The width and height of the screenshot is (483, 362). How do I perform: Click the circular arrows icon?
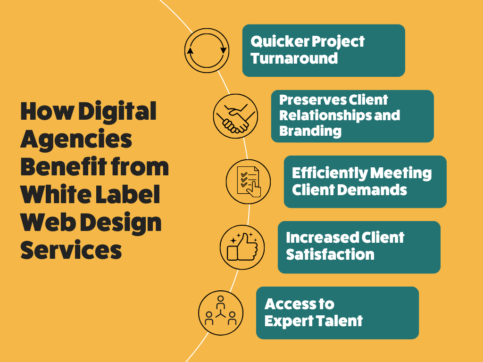click(x=207, y=38)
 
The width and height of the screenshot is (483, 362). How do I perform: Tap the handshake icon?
click(x=236, y=116)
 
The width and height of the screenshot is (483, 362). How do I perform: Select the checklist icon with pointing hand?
click(x=248, y=181)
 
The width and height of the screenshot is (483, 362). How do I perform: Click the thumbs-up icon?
click(x=242, y=247)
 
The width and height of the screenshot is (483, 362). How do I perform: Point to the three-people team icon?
click(x=221, y=313)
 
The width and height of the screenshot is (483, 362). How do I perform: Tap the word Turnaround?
click(x=294, y=58)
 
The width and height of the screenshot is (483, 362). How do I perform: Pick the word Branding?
click(x=310, y=131)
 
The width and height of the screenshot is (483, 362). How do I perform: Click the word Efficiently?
click(x=330, y=173)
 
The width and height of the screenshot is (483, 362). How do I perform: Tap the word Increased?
click(x=322, y=238)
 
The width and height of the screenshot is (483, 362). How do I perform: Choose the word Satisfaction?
click(x=330, y=255)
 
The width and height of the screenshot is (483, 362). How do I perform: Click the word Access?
click(x=290, y=304)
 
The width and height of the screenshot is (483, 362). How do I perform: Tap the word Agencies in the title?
click(x=76, y=139)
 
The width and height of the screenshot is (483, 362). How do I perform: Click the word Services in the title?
click(x=71, y=249)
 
